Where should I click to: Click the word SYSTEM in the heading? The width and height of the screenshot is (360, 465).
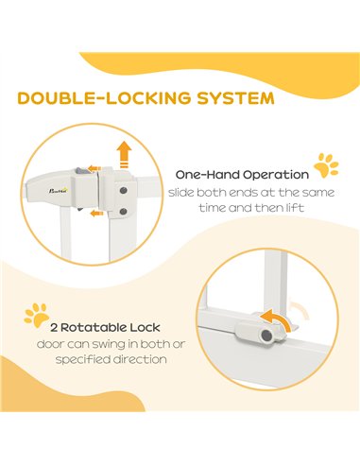tap(235, 98)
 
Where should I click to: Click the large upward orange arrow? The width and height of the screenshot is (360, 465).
tap(124, 154)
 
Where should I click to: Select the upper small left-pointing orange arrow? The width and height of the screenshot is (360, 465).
tap(94, 168)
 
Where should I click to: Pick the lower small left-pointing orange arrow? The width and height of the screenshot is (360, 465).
tap(96, 214)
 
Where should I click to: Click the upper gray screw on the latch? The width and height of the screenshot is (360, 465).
tap(124, 191)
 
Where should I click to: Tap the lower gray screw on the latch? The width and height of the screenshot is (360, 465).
tap(124, 212)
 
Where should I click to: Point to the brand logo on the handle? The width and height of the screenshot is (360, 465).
tap(59, 190)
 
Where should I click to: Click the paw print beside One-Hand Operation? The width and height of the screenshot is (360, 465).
tap(326, 165)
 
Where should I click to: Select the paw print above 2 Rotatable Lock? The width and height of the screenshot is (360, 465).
tap(36, 315)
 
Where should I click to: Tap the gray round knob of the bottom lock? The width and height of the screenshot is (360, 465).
tap(266, 336)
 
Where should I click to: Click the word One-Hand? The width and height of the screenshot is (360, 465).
tap(207, 175)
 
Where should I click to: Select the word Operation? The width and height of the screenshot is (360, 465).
tap(276, 176)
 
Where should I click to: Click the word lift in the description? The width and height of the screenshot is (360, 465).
tap(298, 208)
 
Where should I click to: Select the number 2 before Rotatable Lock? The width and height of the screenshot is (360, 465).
tap(54, 328)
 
